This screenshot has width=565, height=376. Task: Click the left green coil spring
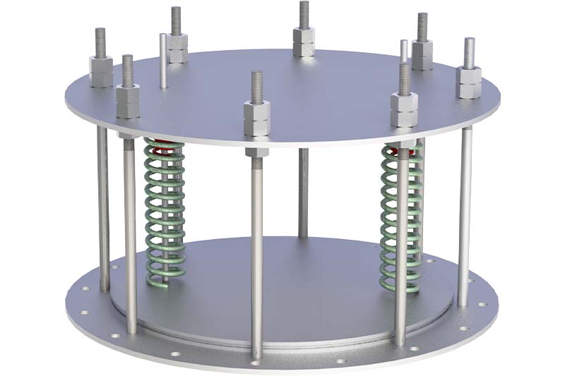click(165, 212)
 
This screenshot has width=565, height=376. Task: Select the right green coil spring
click(400, 212)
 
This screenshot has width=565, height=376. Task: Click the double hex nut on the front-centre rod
click(256, 118)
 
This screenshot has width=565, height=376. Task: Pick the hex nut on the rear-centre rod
click(304, 42)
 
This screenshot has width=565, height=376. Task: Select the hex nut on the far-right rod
click(469, 81)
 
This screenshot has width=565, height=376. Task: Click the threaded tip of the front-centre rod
click(256, 86)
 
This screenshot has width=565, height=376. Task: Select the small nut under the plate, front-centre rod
click(256, 152)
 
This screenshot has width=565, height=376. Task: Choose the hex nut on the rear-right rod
click(422, 54)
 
